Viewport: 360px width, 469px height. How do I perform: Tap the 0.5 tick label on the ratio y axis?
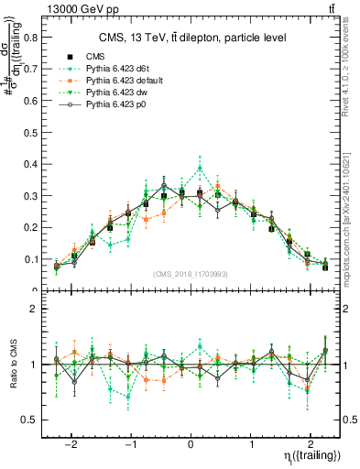click(x=32, y=420)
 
